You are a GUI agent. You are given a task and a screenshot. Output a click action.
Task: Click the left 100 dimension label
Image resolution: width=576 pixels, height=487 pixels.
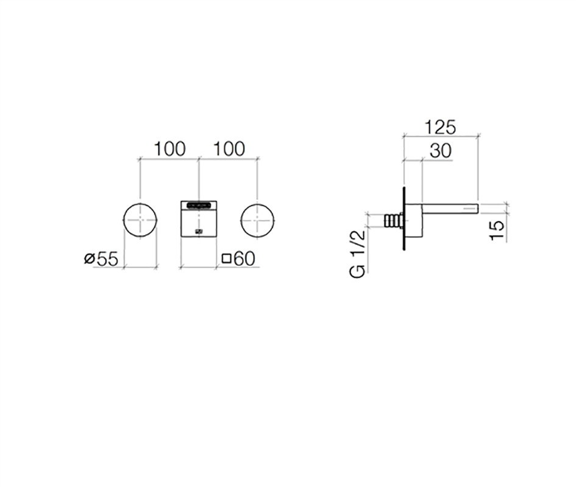169,149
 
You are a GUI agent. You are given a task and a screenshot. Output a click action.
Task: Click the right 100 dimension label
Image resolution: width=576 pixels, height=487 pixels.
229,149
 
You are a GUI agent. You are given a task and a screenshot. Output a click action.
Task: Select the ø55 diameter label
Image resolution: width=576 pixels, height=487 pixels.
101,259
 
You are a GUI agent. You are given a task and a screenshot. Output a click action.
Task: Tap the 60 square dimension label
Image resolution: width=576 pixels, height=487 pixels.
238,258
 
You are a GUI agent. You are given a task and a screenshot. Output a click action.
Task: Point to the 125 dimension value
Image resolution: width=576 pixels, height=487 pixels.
440,127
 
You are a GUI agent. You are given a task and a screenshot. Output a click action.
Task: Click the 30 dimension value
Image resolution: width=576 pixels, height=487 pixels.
441,151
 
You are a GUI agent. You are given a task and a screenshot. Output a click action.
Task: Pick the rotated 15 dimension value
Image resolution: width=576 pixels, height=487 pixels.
497,230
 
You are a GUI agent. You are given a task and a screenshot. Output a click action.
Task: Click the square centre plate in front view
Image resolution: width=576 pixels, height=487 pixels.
199,219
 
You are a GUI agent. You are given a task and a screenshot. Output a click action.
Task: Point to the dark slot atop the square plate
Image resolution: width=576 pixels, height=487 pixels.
199,205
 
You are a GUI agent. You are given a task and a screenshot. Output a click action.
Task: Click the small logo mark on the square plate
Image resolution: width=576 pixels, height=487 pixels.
199,232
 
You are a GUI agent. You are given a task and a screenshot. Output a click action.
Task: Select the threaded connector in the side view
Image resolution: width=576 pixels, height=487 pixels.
394,222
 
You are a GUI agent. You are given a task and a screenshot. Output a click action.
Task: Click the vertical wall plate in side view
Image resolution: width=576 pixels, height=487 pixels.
404,219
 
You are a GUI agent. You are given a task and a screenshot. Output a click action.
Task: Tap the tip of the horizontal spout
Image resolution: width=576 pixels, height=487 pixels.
478,208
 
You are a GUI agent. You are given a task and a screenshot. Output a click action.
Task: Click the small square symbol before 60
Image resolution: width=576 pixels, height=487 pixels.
227,259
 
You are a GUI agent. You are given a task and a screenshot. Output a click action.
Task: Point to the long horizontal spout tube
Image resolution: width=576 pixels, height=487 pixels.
450,208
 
